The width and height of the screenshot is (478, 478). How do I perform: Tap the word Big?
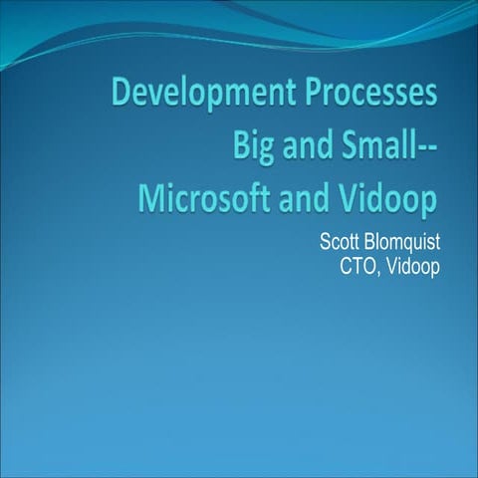pyautogui.click(x=255, y=146)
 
